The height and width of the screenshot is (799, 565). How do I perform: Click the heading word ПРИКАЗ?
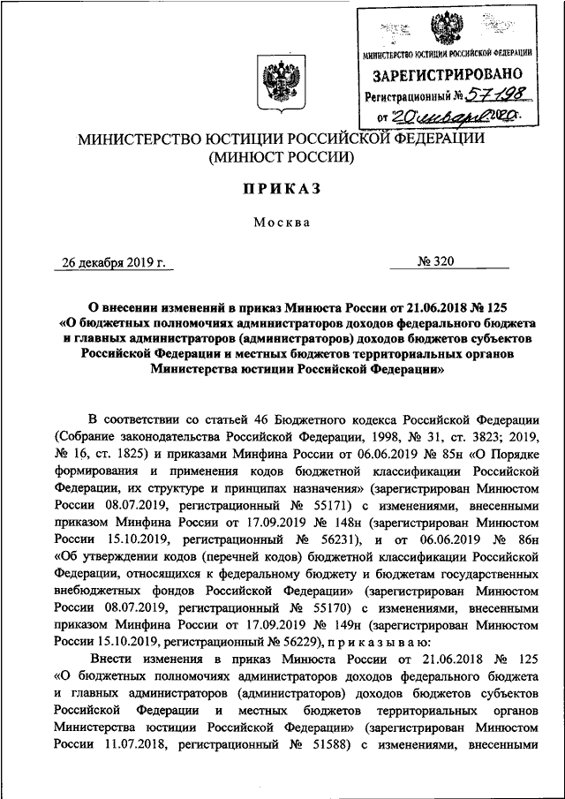click(x=282, y=189)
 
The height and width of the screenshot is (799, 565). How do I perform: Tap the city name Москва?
click(x=282, y=222)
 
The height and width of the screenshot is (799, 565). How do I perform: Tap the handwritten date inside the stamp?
click(x=460, y=116)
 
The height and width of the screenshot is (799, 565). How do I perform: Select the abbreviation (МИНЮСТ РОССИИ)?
click(x=282, y=159)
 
